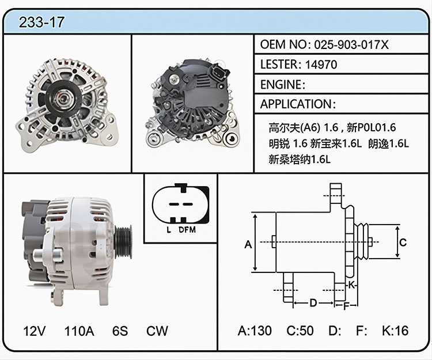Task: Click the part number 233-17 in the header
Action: coord(41,22)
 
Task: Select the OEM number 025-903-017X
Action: coord(351,44)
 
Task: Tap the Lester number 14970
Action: coord(321,65)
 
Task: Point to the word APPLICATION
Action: coord(296,104)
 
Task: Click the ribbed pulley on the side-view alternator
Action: coord(123,241)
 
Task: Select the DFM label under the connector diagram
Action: coord(187,229)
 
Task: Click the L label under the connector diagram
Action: coord(169,229)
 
